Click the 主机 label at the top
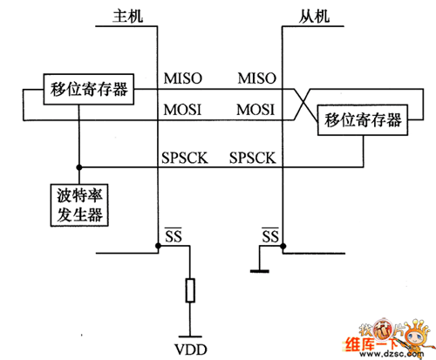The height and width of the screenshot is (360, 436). click(132, 17)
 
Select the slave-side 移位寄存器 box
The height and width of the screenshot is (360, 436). click(364, 119)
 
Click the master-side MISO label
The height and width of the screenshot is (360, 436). click(183, 79)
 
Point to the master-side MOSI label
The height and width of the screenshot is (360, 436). click(183, 111)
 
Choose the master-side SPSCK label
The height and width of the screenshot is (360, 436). click(187, 159)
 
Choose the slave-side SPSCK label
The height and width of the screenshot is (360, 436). click(253, 159)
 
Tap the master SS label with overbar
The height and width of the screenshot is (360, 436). click(173, 236)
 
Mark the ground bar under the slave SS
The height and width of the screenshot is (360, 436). click(258, 271)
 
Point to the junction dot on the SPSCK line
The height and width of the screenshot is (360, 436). click(79, 166)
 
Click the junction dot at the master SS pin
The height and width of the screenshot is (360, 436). click(158, 248)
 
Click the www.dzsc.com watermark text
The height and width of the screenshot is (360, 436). click(388, 352)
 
